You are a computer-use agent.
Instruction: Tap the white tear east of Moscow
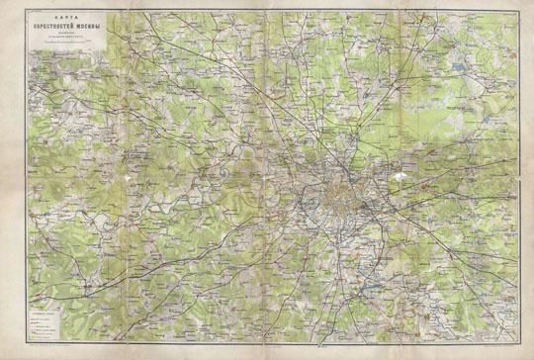399,179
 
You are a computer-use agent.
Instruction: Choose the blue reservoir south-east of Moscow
373,284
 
